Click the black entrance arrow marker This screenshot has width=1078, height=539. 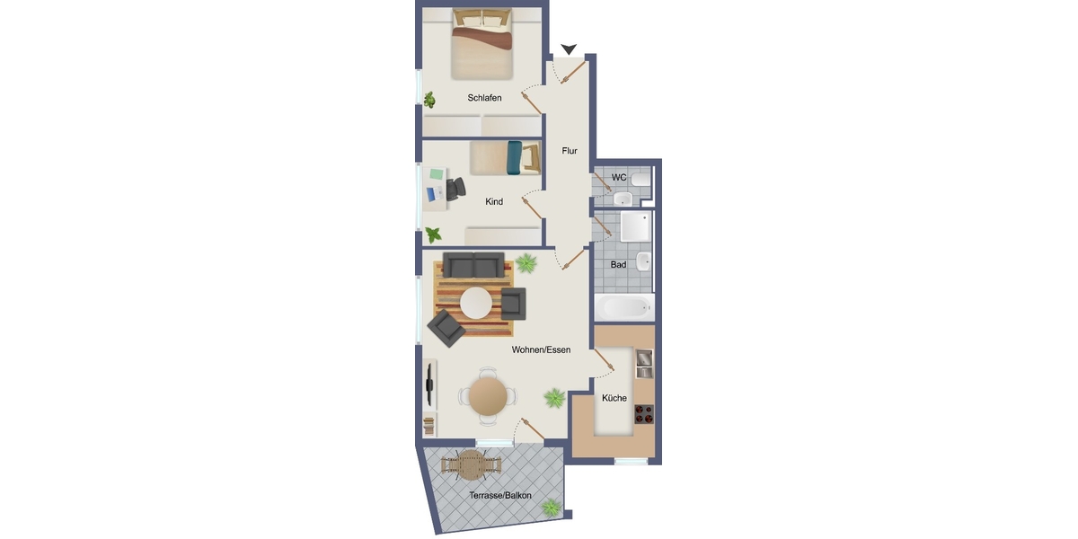click(x=569, y=49)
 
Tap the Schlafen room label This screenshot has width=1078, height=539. click(x=484, y=98)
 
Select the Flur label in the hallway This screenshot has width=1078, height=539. click(x=570, y=151)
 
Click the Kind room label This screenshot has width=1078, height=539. click(x=494, y=201)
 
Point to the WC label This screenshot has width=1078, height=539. click(x=619, y=178)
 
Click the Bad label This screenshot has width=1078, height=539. click(x=618, y=265)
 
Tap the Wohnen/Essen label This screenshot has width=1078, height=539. click(x=541, y=349)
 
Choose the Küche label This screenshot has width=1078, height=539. click(x=614, y=398)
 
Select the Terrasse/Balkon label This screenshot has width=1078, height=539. click(x=500, y=495)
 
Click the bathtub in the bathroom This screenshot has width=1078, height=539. click(x=624, y=307)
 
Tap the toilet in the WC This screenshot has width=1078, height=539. click(x=641, y=180)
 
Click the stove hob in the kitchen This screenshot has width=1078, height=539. click(x=644, y=414)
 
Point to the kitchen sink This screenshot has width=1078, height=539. click(x=644, y=364)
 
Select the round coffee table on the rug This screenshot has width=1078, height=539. click(x=476, y=304)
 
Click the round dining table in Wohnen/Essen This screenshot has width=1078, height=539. click(x=488, y=396)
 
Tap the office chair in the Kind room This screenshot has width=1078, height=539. click(x=455, y=189)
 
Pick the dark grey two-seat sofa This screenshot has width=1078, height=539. click(x=473, y=265)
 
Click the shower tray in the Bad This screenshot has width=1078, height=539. click(x=635, y=226)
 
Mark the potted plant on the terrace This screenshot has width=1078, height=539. click(x=551, y=508)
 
